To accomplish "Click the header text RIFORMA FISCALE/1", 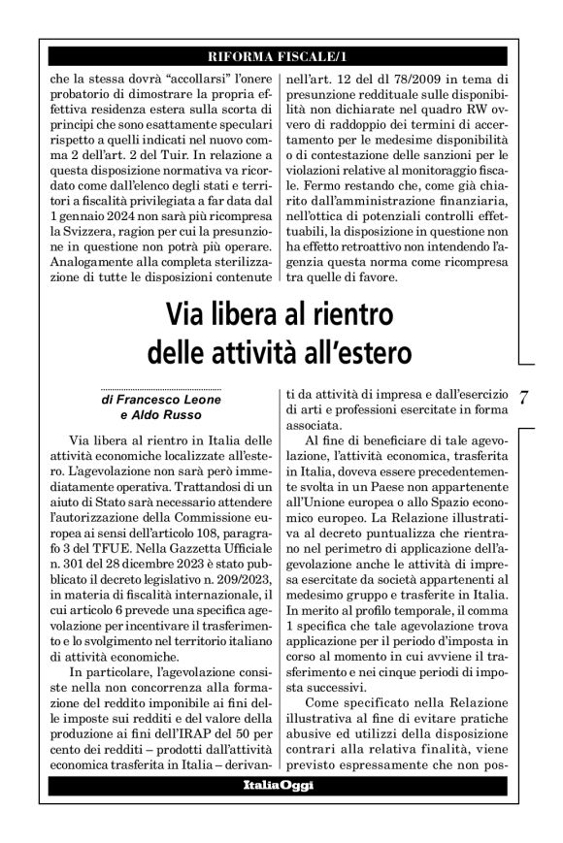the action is coord(281,55).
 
